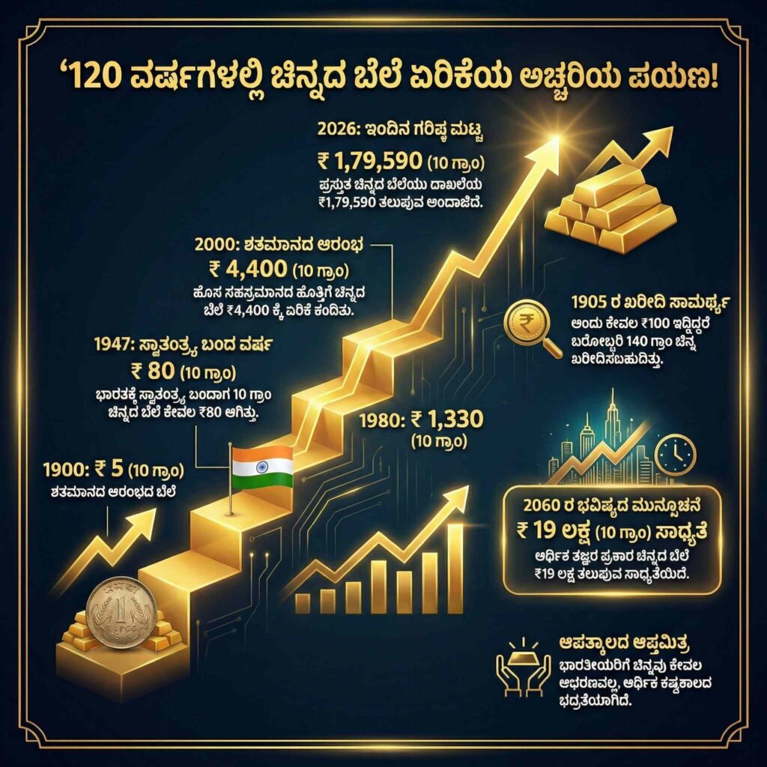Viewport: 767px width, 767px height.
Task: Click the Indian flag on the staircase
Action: (x=261, y=468)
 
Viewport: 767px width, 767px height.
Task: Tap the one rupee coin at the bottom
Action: (x=121, y=611)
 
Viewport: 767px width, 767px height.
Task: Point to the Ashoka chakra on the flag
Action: (x=261, y=468)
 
